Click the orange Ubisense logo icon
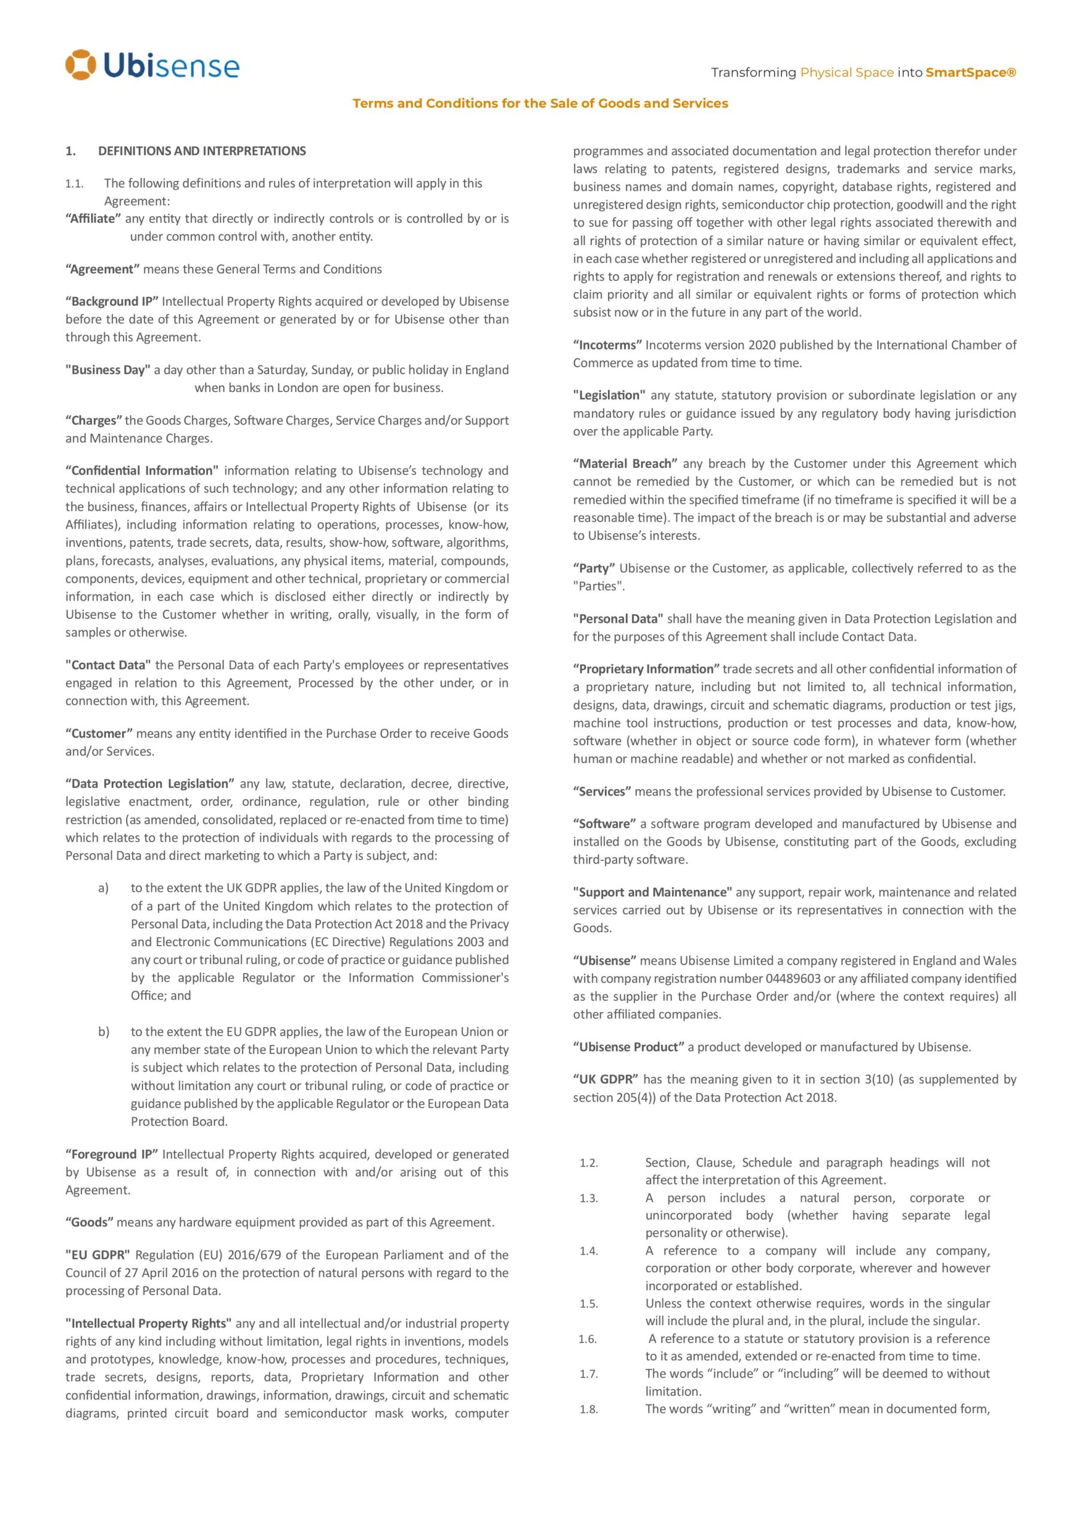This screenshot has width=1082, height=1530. click(x=81, y=65)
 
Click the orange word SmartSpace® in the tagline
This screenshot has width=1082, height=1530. click(x=971, y=72)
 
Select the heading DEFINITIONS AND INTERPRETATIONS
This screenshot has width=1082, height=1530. click(x=202, y=151)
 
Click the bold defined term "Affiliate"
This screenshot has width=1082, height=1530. click(x=93, y=219)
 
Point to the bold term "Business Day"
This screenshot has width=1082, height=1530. click(x=108, y=370)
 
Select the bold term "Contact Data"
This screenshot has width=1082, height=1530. click(x=108, y=665)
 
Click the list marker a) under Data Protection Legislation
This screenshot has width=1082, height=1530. click(x=103, y=888)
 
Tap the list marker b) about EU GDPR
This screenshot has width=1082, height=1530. click(x=103, y=1032)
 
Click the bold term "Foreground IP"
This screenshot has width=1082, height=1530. click(x=111, y=1154)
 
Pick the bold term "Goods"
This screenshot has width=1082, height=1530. click(x=89, y=1222)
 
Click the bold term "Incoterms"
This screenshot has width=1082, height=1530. click(x=607, y=345)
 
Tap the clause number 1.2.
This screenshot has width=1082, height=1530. click(x=589, y=1164)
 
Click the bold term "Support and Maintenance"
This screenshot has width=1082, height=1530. click(x=652, y=892)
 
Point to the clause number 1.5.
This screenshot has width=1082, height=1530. click(x=589, y=1304)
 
